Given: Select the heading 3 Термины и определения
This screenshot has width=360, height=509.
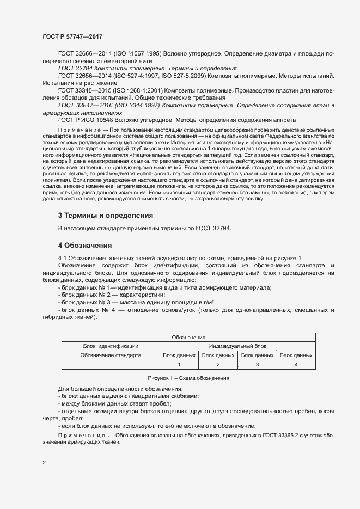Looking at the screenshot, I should (x=106, y=216).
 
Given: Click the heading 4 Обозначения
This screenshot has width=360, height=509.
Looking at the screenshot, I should (x=85, y=245).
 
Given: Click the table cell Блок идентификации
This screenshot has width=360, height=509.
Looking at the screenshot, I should (x=111, y=346).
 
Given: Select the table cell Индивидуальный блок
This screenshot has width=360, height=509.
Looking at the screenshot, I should (x=237, y=346).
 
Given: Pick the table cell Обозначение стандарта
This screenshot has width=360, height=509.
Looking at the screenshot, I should (x=111, y=355).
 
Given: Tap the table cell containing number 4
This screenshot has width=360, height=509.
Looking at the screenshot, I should (x=296, y=364).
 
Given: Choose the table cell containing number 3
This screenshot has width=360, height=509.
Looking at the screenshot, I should (x=257, y=364).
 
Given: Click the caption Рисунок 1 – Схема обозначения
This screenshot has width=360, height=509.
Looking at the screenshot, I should (x=188, y=378).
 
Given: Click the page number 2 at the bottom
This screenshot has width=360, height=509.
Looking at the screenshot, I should (x=44, y=463).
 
